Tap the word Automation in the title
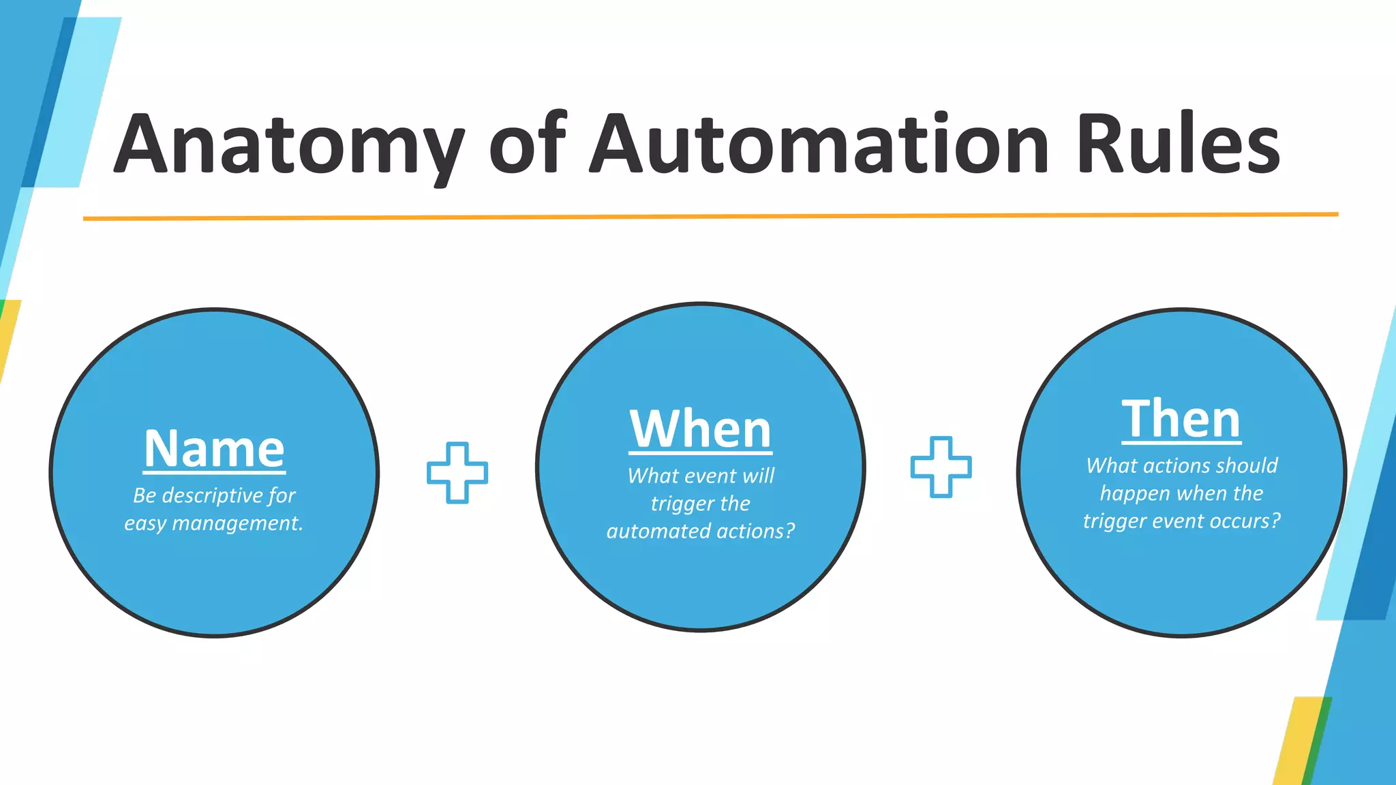point(819,144)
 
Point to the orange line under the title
point(709,217)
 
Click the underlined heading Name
point(214,449)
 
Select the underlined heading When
point(700,430)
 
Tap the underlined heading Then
point(1181,420)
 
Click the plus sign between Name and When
point(457,473)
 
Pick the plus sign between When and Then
point(941,467)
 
